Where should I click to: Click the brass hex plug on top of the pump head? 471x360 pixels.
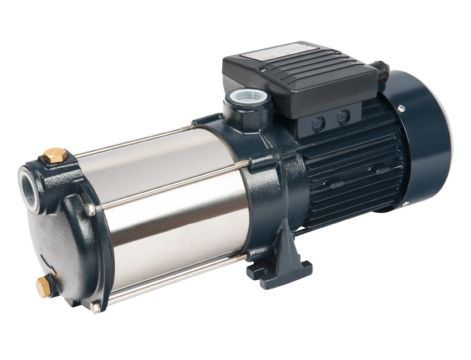(55, 155)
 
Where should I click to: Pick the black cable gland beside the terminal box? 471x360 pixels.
(382, 69)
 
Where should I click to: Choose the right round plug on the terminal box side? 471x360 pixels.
(343, 117)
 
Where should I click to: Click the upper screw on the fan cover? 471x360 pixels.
(401, 109)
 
